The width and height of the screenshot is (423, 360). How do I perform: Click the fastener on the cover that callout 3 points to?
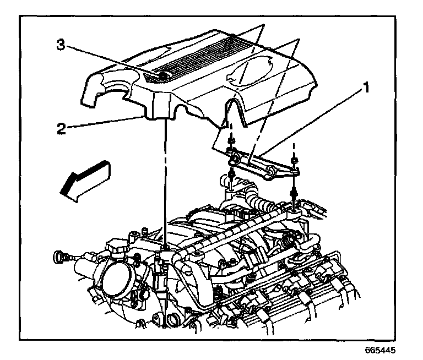click(x=164, y=76)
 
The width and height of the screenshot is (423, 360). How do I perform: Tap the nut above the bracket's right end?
click(x=296, y=160)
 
